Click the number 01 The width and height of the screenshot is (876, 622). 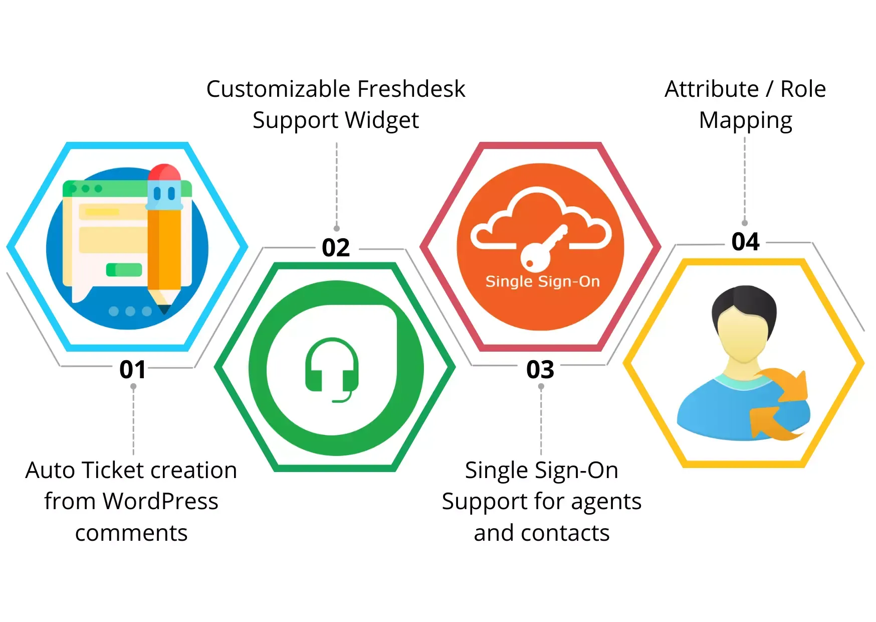pos(133,370)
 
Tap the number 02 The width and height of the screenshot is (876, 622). pos(336,248)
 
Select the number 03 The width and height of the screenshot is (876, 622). pos(540,370)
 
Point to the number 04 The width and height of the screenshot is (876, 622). pos(746,242)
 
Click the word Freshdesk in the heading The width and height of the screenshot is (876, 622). pos(411,89)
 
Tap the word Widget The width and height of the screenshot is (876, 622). pos(382,120)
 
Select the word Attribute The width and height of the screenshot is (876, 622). pos(712,89)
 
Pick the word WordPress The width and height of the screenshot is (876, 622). pos(160,501)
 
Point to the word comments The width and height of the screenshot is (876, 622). pos(131,533)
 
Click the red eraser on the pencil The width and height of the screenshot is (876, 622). pos(164,173)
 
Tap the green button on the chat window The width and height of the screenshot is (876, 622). pos(124,269)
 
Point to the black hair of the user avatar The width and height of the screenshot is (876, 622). pos(744,306)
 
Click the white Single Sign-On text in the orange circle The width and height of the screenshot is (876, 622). pos(542,282)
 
